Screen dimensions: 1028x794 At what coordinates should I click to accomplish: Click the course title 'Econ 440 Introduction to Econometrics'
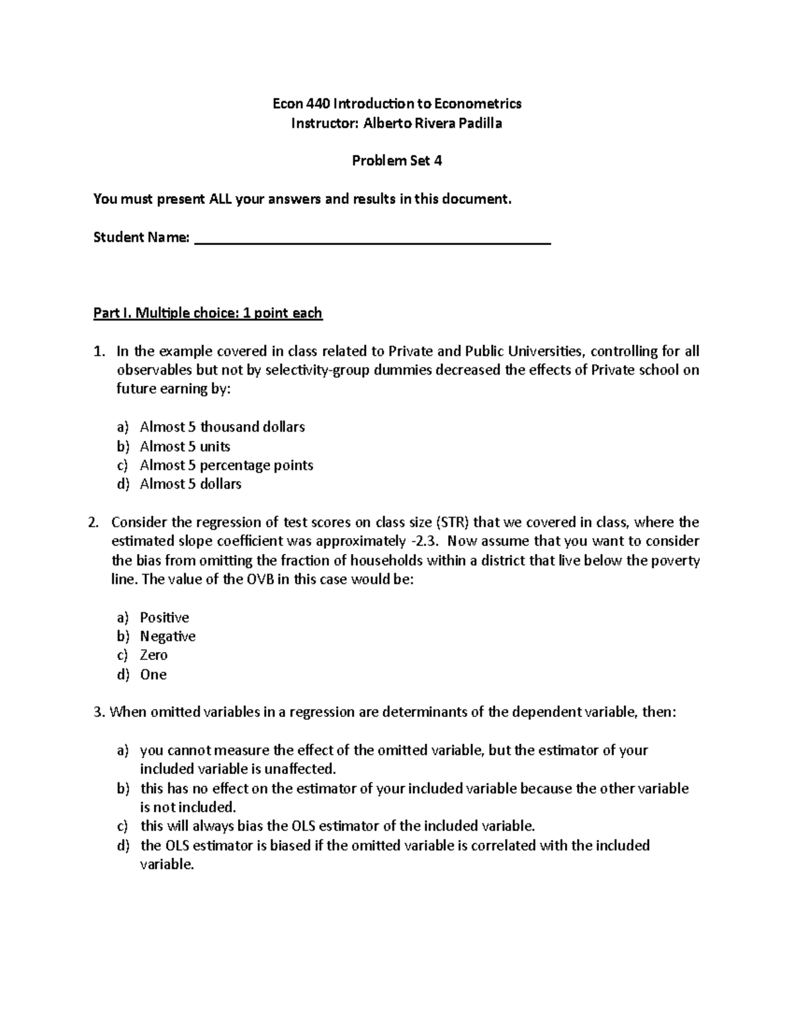point(397,103)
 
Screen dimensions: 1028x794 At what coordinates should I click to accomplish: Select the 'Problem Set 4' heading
point(397,161)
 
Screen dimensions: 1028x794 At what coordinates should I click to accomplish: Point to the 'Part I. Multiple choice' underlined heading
point(207,313)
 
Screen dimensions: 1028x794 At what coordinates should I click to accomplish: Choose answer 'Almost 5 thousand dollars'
point(222,427)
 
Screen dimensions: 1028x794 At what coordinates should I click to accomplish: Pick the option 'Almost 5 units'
point(185,446)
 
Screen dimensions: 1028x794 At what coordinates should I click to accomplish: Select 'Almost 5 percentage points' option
point(226,465)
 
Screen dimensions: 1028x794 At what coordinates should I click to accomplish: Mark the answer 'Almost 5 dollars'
point(191,485)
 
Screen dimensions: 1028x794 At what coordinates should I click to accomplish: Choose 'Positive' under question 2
point(164,618)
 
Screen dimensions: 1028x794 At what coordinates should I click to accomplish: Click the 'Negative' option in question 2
point(167,637)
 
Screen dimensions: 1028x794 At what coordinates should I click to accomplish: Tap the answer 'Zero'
point(154,655)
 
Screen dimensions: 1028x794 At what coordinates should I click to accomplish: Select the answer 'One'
point(153,675)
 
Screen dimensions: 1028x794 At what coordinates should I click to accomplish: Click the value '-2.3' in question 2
point(424,541)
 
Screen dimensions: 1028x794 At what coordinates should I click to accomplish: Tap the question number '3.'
point(99,713)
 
